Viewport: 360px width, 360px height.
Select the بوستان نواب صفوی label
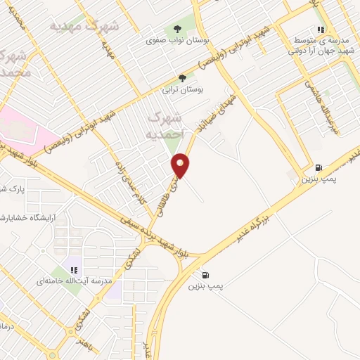tap(174, 41)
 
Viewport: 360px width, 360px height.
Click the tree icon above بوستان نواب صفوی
tap(174, 30)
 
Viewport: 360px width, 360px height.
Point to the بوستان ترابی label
tap(182, 89)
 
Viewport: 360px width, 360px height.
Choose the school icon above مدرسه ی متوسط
tap(321, 30)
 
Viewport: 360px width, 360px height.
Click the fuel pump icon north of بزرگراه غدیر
tap(320, 167)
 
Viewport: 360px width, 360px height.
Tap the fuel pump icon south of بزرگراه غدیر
tap(205, 275)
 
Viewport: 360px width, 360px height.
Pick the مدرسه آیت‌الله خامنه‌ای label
tap(70, 281)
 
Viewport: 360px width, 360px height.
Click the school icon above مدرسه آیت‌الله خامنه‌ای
tap(73, 270)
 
